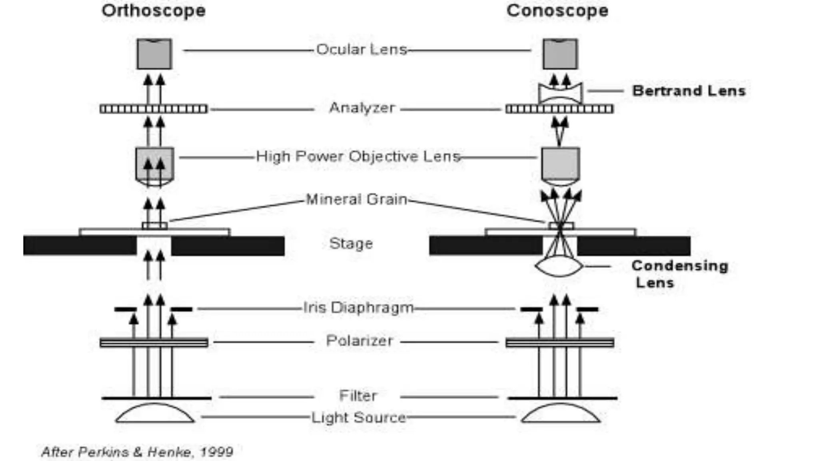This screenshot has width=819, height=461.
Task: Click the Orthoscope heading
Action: [x=154, y=11]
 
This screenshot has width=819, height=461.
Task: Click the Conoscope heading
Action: [x=557, y=11]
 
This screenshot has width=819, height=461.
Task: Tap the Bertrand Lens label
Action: [x=689, y=91]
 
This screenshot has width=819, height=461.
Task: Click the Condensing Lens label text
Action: [x=679, y=274]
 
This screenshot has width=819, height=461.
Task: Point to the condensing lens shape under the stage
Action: [x=559, y=267]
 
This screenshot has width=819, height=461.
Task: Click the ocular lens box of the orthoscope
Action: [x=154, y=54]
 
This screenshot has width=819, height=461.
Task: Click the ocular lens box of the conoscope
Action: [x=560, y=54]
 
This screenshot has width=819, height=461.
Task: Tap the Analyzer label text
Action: [x=362, y=108]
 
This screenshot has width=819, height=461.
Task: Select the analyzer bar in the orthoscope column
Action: [x=154, y=109]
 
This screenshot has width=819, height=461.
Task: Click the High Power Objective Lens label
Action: [x=358, y=156]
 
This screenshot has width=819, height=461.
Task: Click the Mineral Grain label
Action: [x=356, y=199]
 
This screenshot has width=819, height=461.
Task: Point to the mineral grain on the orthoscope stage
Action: [x=155, y=226]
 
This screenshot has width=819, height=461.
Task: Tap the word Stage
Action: [x=351, y=243]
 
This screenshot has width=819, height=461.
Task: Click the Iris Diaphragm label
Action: [x=358, y=308]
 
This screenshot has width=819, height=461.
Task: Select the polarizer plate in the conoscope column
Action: [x=559, y=343]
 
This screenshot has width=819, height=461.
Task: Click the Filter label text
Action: [x=358, y=396]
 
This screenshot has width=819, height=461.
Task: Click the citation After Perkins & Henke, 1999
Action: [x=137, y=452]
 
